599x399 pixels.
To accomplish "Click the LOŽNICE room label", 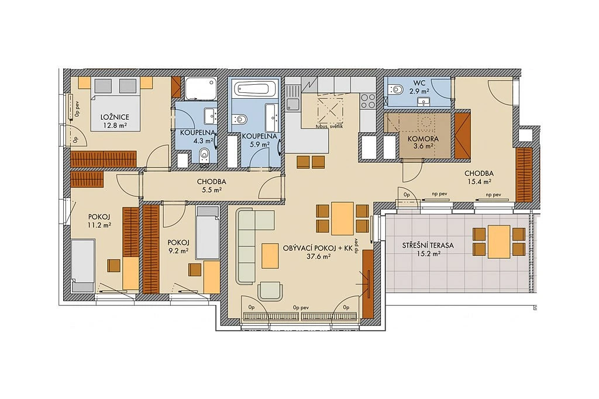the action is click(x=115, y=117).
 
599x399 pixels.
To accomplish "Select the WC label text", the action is click(x=417, y=82).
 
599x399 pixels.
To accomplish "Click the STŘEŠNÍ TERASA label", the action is click(x=428, y=245).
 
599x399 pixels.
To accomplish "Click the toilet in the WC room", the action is click(x=395, y=89).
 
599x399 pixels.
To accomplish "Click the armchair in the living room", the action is click(x=270, y=291).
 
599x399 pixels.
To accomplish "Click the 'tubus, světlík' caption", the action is click(x=329, y=126).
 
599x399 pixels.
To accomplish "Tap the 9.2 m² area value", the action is click(x=178, y=251).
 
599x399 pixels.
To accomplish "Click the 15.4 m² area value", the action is click(x=477, y=182).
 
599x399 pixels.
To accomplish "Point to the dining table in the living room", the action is click(x=342, y=218).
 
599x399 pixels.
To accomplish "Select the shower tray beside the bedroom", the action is click(x=201, y=89).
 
